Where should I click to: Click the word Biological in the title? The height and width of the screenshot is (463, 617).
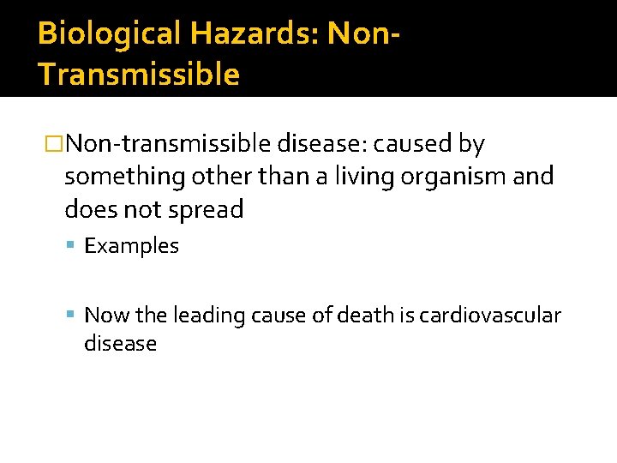(x=110, y=33)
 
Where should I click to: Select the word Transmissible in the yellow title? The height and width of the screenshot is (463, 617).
(x=139, y=75)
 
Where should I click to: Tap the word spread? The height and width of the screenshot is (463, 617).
(x=208, y=210)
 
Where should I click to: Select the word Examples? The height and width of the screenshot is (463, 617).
(x=132, y=246)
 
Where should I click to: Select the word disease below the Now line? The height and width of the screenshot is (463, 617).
(x=120, y=344)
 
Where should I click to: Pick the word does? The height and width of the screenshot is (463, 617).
(x=87, y=210)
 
